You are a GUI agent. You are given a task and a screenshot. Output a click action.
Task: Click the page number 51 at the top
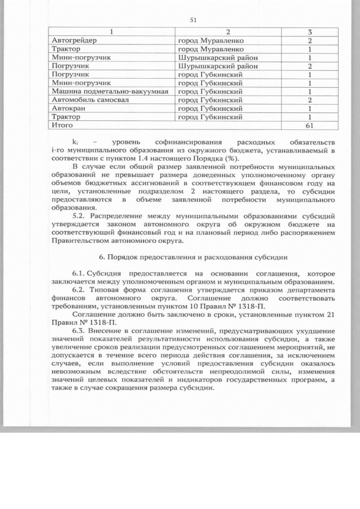tap(193, 20)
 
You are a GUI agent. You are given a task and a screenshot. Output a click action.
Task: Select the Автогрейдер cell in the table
tap(74, 40)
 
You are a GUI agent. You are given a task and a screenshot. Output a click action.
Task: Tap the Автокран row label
tap(66, 108)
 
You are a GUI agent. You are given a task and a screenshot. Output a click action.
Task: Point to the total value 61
tap(309, 125)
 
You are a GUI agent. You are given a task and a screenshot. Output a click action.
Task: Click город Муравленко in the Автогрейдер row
tap(211, 40)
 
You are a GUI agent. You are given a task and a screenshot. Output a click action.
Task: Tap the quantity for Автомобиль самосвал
tap(309, 100)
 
